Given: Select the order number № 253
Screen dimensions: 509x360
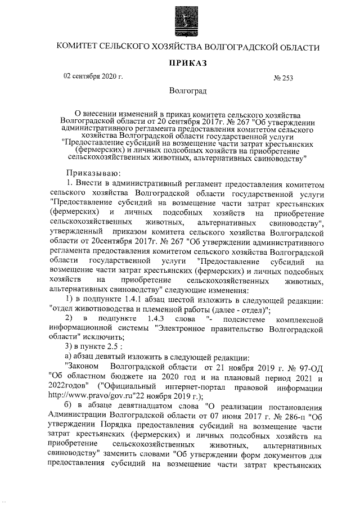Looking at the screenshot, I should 283,78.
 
